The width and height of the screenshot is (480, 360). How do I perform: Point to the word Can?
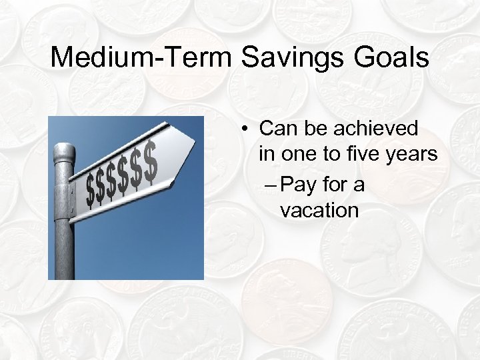tap(277, 128)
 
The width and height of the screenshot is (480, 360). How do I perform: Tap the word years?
tap(415, 155)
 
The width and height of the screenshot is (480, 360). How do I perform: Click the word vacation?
tap(319, 211)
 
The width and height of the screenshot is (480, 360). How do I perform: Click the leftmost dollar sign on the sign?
tap(91, 192)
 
